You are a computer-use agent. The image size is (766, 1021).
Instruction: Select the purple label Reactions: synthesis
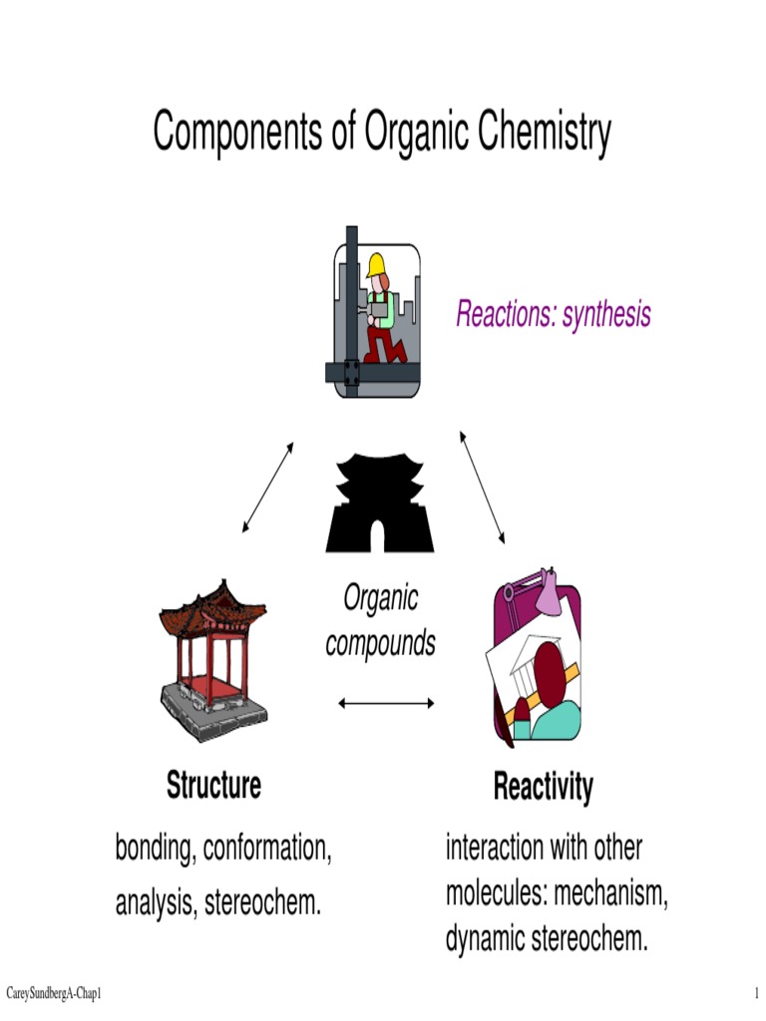coord(553,314)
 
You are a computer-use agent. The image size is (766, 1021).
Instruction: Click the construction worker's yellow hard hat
coord(376,264)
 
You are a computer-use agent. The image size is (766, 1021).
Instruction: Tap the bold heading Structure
coord(213,785)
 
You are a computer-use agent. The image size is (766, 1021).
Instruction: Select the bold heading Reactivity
coord(543,787)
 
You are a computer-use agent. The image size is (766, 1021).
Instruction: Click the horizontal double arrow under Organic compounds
coord(386,703)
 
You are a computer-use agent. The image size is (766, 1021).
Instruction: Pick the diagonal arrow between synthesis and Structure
coord(268,487)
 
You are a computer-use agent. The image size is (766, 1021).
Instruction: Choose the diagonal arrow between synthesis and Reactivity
coord(483,487)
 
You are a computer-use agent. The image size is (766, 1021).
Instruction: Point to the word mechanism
coord(610,893)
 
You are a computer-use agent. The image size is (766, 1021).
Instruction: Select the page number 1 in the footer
coord(757,994)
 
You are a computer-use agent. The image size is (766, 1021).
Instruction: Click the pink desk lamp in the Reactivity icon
coord(551,595)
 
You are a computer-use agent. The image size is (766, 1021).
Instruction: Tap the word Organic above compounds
coord(380,598)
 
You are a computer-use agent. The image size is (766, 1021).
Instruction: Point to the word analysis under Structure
coord(156,903)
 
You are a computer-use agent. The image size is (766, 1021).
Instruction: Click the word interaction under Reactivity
coord(495,849)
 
